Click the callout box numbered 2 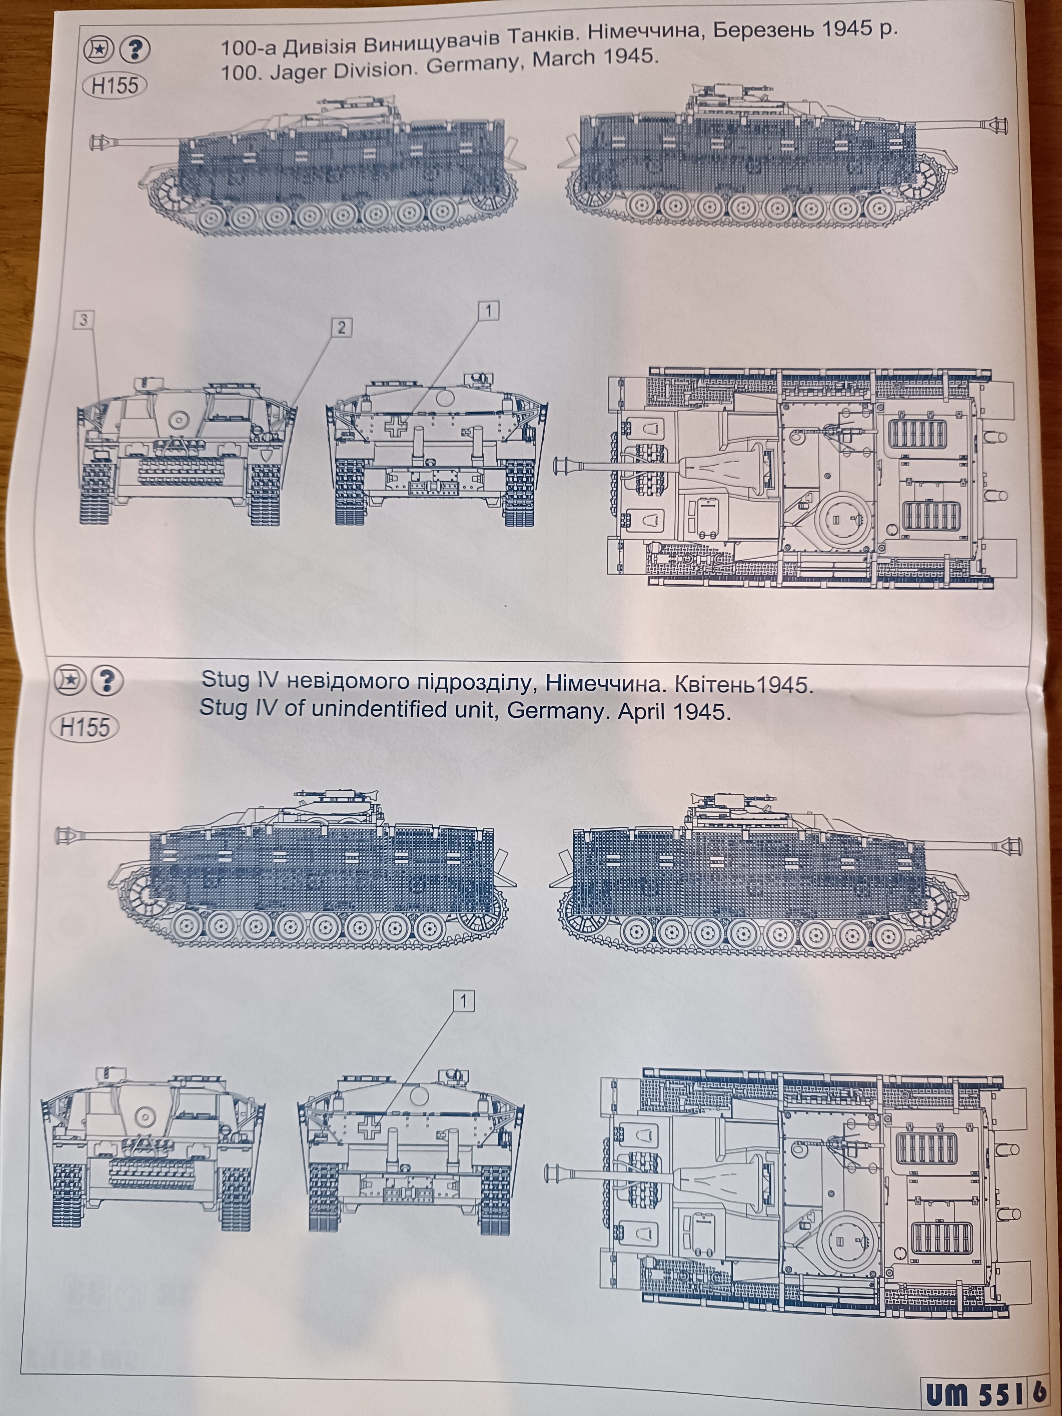pyautogui.click(x=341, y=328)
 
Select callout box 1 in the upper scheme pyautogui.click(x=488, y=312)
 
